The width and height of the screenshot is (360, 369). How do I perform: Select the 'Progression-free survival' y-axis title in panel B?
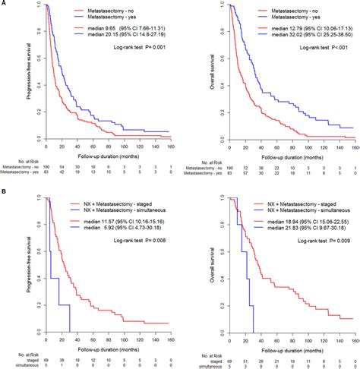10,258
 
